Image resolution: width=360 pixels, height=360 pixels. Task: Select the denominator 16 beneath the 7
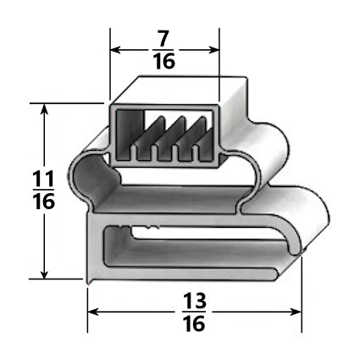click(165, 62)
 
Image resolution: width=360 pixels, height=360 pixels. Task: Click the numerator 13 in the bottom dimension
click(194, 301)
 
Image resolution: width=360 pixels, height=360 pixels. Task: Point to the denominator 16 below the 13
click(194, 325)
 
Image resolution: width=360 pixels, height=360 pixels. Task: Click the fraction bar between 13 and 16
click(194, 313)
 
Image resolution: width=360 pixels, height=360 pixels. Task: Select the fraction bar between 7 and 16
click(165, 49)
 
